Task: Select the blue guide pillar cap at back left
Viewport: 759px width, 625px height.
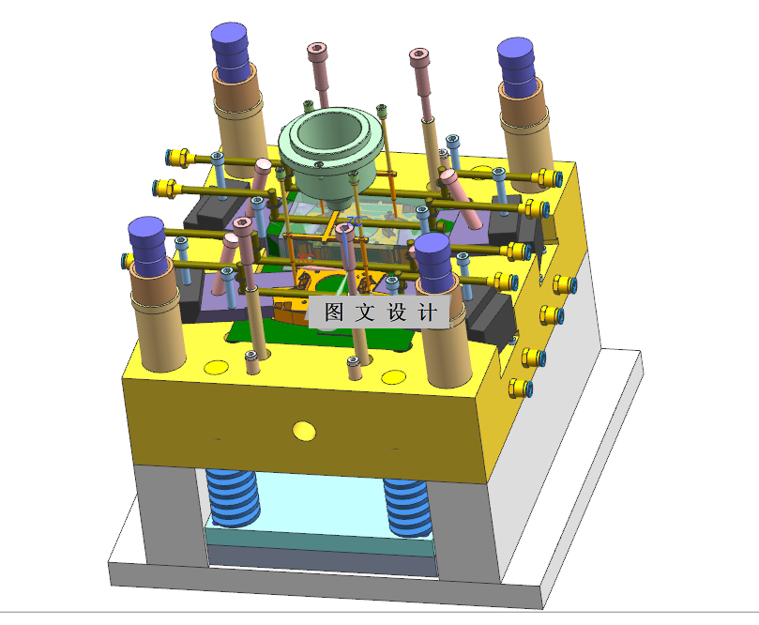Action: pos(230,51)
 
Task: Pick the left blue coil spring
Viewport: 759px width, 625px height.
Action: pos(233,497)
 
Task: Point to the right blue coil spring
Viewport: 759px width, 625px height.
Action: pos(408,508)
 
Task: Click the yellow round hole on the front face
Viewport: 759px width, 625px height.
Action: pos(304,431)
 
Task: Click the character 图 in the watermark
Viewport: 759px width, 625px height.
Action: pos(334,312)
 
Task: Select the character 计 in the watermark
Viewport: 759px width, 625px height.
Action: pos(428,312)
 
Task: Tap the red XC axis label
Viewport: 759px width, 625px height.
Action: pos(306,257)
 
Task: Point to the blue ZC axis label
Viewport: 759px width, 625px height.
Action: pos(355,221)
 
